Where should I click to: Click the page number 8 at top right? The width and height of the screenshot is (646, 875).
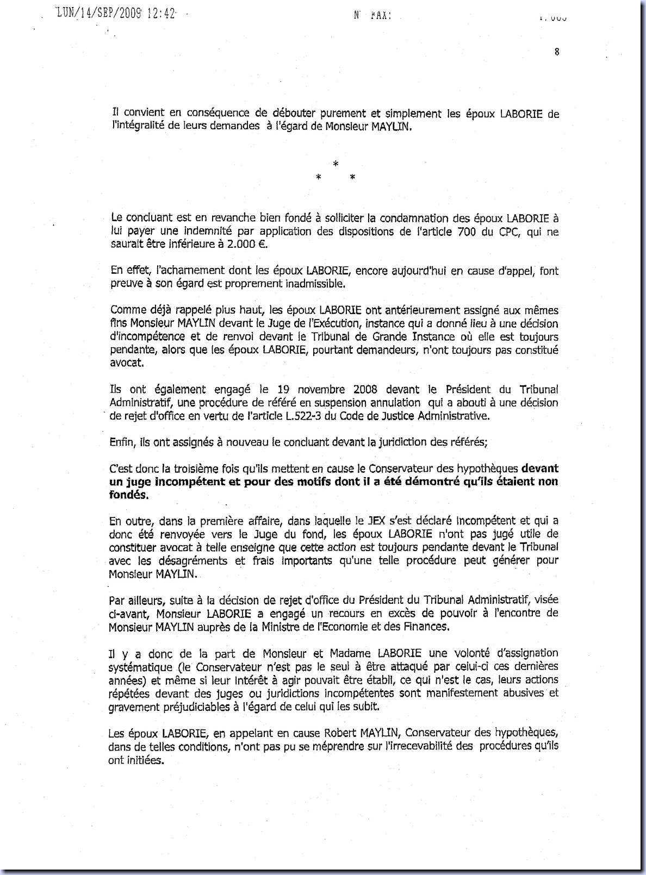pyautogui.click(x=557, y=52)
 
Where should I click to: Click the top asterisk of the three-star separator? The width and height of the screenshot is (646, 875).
pyautogui.click(x=336, y=164)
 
